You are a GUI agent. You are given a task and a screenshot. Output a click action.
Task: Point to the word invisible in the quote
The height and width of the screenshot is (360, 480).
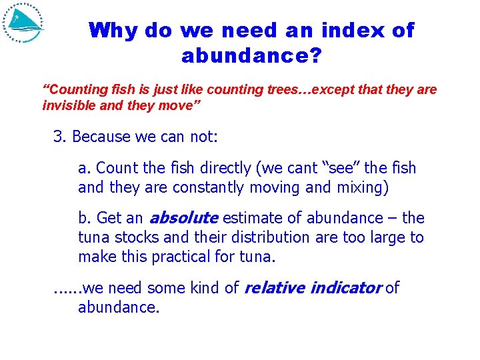click(x=65, y=106)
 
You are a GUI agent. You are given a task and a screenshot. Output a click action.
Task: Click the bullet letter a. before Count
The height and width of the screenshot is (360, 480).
click(x=84, y=168)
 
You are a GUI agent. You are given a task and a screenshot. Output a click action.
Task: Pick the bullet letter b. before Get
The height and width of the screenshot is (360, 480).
click(x=85, y=218)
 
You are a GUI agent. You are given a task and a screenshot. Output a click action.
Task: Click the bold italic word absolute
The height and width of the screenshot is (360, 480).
click(x=183, y=218)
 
